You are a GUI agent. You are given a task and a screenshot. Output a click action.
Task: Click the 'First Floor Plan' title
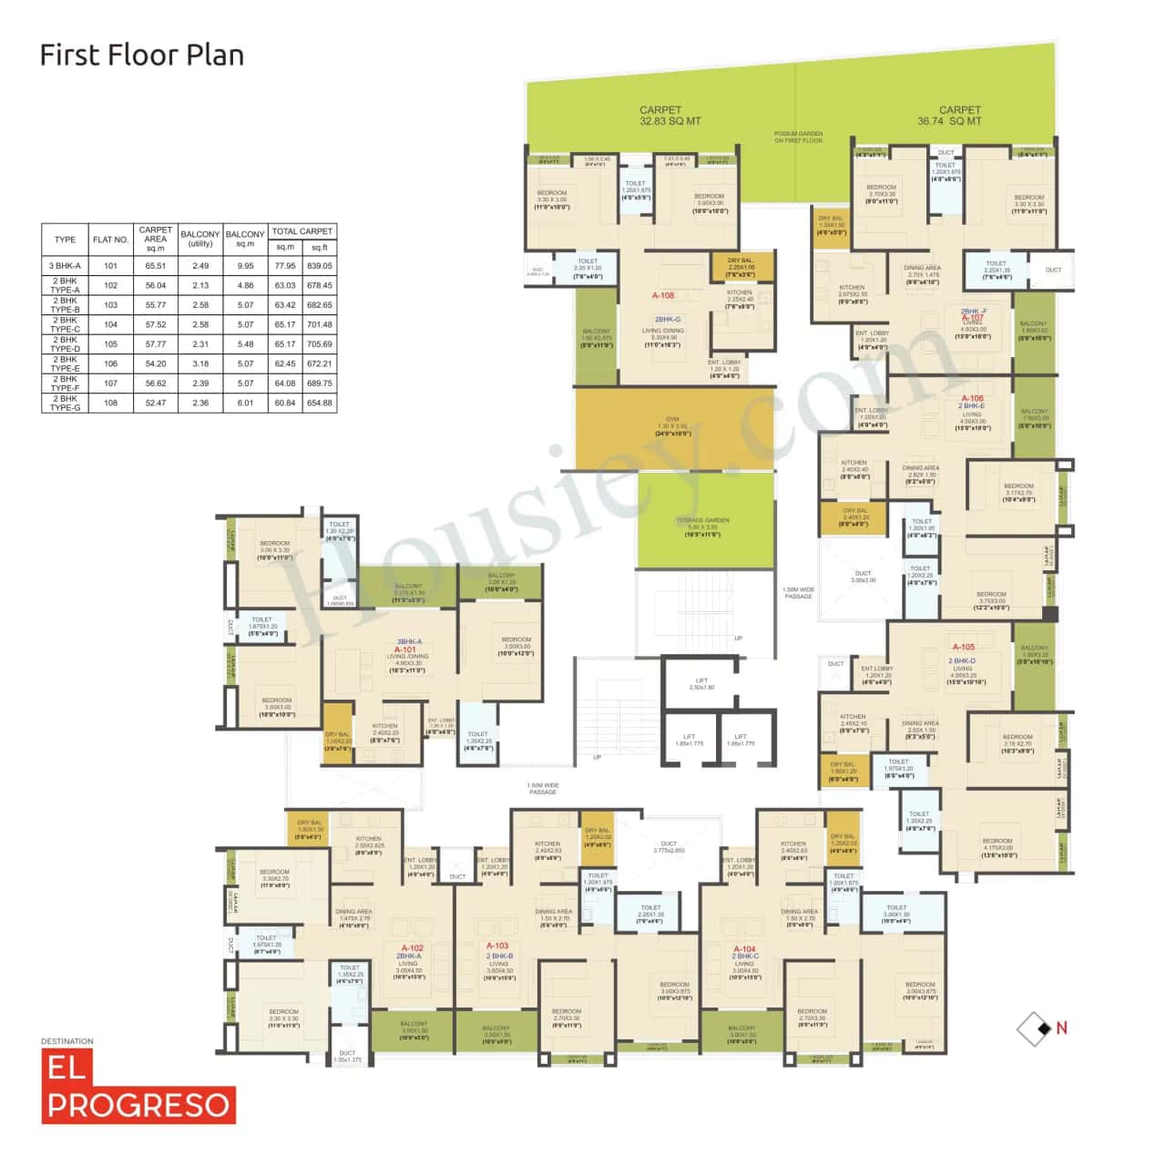tap(142, 56)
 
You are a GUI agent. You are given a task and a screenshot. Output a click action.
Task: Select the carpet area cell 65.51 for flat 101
tap(156, 266)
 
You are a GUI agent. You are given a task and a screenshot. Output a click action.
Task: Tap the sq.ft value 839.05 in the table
tap(320, 266)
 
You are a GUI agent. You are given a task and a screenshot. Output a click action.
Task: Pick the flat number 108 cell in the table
tap(110, 403)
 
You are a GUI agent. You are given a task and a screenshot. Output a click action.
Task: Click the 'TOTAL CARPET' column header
tap(302, 231)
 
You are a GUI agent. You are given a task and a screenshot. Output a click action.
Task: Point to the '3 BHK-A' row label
tap(65, 266)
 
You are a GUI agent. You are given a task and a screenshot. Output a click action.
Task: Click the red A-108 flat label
tap(663, 296)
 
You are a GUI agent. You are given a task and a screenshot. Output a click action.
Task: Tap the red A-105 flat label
tap(963, 648)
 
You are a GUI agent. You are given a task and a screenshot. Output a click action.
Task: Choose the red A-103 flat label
tap(497, 946)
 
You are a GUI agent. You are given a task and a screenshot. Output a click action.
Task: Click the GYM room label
tap(672, 420)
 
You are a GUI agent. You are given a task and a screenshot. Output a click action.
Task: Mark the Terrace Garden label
tap(702, 520)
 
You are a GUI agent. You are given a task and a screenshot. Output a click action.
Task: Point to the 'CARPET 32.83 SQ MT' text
tap(670, 116)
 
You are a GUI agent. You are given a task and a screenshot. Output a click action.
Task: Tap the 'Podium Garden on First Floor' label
tap(798, 138)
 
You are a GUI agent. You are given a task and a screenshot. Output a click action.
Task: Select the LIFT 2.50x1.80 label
tap(701, 683)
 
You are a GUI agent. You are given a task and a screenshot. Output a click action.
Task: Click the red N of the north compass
tap(1061, 1028)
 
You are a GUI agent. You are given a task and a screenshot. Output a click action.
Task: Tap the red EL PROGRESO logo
tap(138, 1087)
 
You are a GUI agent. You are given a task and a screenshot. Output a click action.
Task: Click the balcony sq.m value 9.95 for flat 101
tap(245, 266)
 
